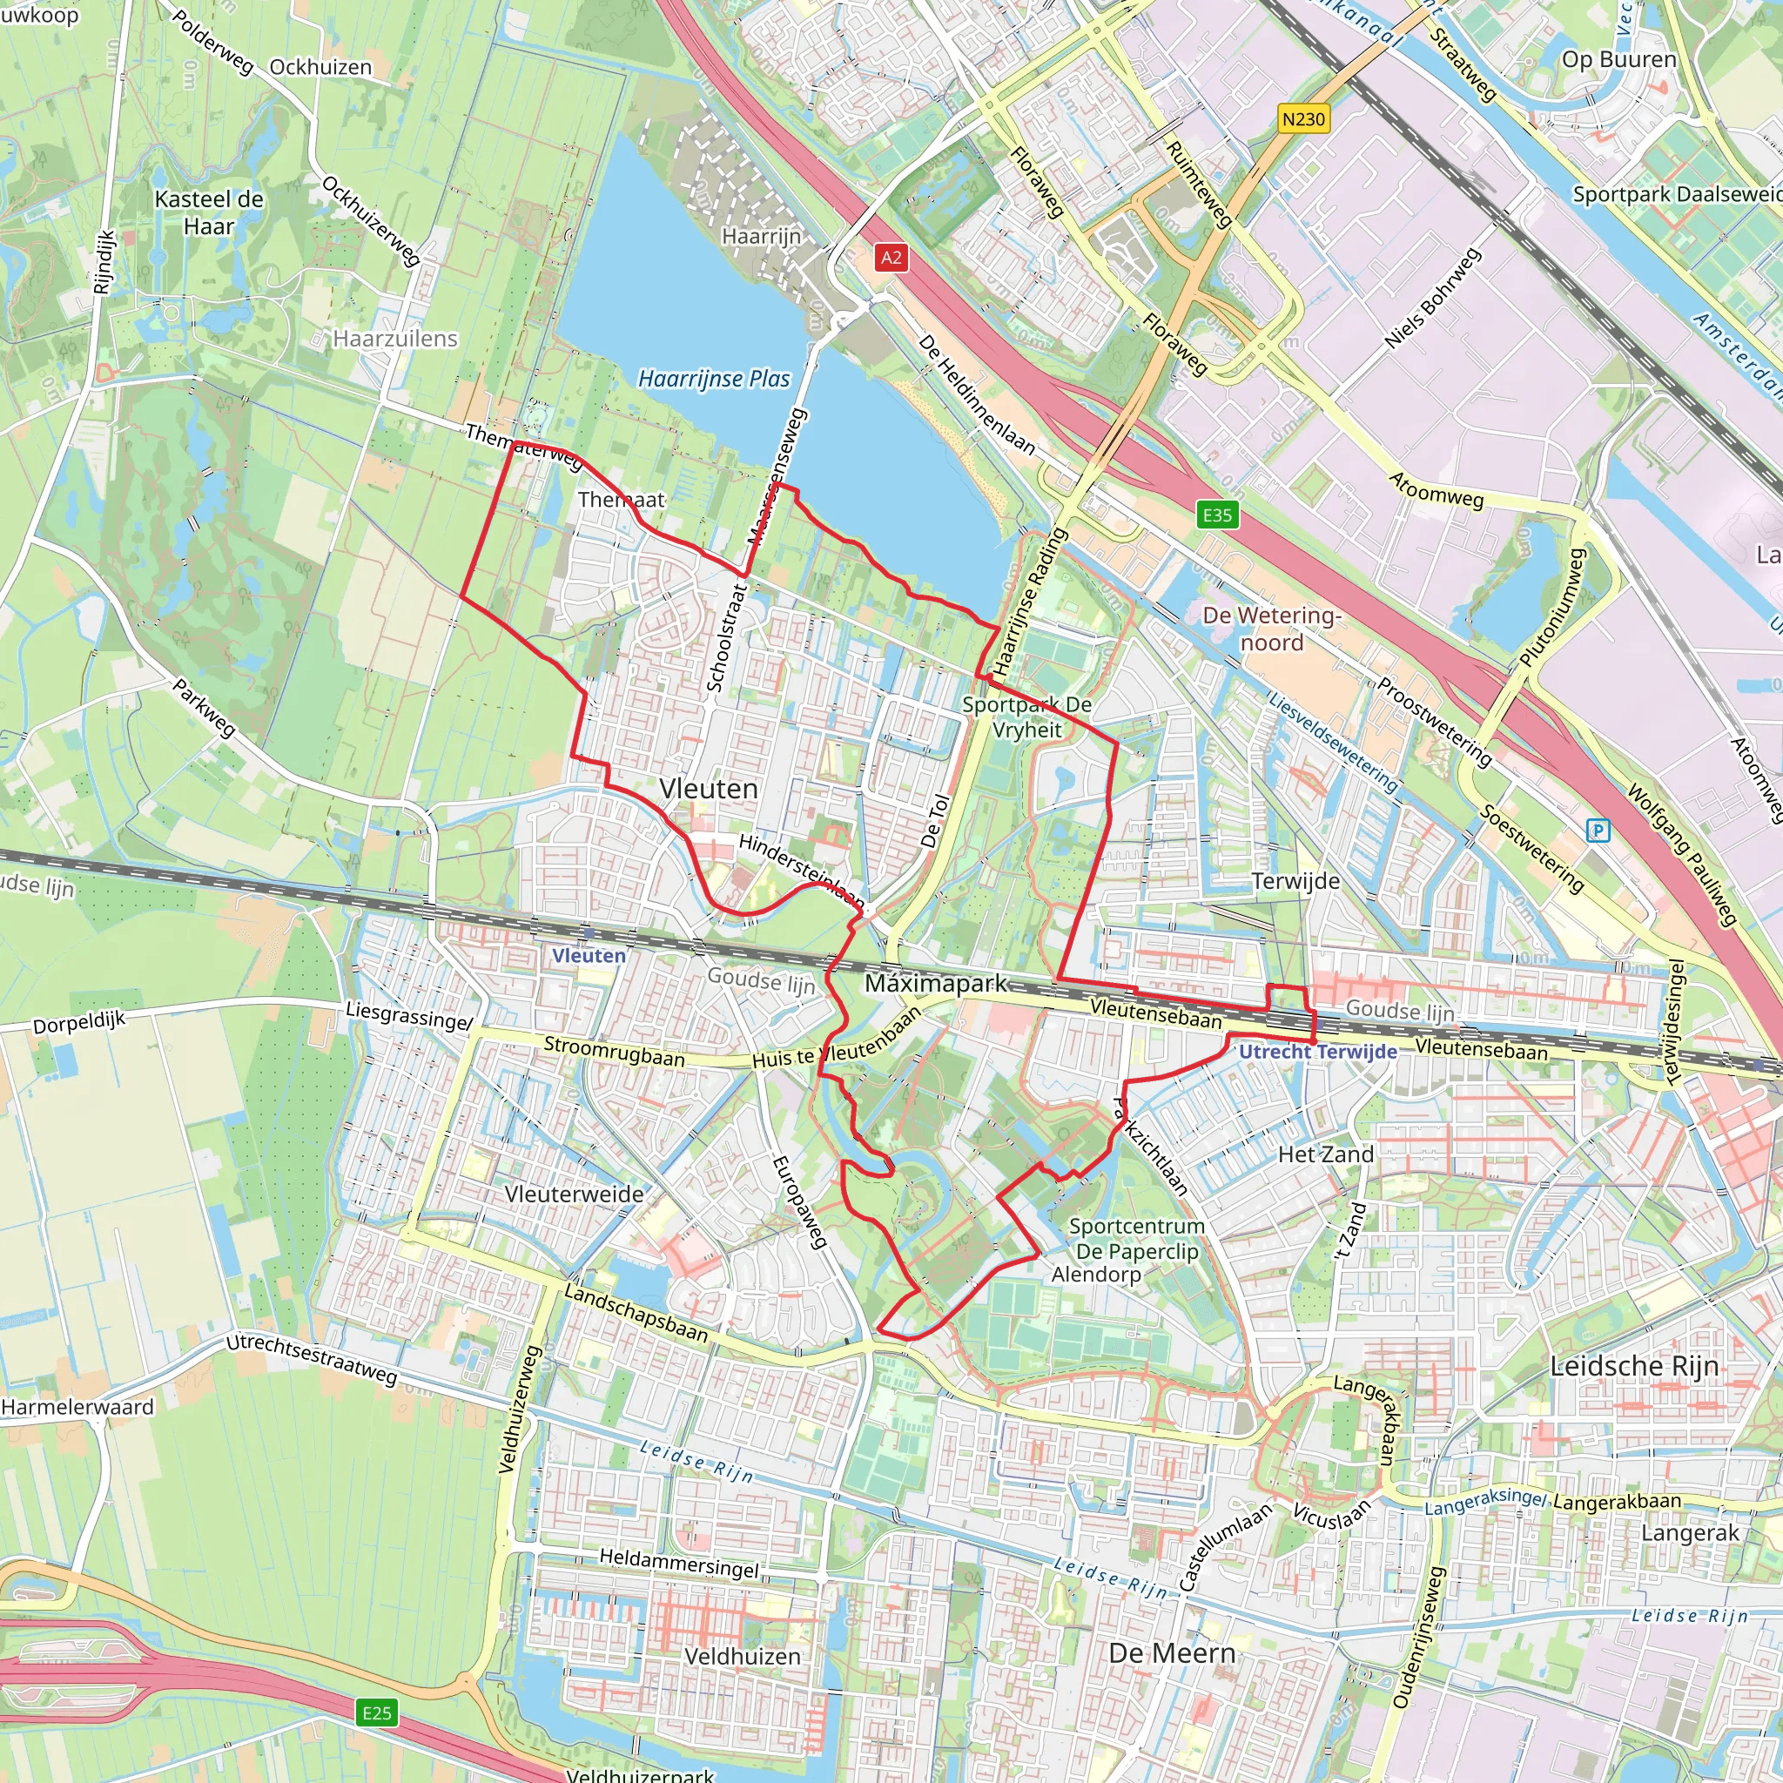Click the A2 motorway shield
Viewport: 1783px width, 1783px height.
pos(891,258)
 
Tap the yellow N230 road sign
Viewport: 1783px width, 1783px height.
pos(1303,119)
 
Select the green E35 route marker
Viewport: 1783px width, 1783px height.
pos(1216,515)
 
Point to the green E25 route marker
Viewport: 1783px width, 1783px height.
pos(376,1713)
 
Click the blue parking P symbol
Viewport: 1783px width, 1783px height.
pos(1598,831)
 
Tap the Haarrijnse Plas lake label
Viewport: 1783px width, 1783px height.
pos(714,379)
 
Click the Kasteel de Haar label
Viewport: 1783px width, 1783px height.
pos(209,212)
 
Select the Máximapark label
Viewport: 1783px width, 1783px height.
pos(936,984)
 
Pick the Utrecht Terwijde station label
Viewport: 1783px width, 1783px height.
pos(1317,1051)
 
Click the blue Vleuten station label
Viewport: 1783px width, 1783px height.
pos(589,956)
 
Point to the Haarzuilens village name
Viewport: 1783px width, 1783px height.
pos(395,339)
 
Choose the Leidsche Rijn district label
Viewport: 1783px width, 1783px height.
pos(1633,1366)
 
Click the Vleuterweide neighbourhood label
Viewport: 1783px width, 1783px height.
pos(574,1194)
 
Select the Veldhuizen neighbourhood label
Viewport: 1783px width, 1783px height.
pos(742,1657)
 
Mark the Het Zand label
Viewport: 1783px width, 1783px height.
pos(1325,1154)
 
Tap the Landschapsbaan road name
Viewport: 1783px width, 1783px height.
pos(636,1313)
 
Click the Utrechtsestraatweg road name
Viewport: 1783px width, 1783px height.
pos(312,1358)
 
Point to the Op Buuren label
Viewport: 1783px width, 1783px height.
pos(1618,59)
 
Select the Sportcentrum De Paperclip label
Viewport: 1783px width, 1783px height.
pos(1137,1239)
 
